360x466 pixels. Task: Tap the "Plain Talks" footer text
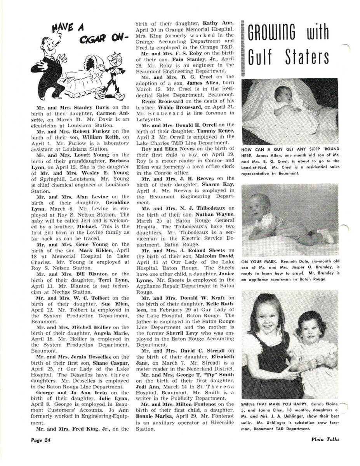coord(325,439)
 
